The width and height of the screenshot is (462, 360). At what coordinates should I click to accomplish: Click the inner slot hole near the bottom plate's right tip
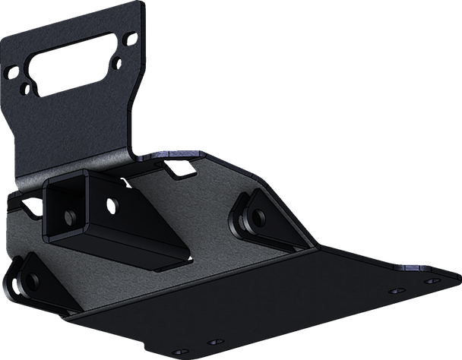393,290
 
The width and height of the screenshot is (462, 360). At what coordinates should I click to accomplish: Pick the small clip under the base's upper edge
182,173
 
